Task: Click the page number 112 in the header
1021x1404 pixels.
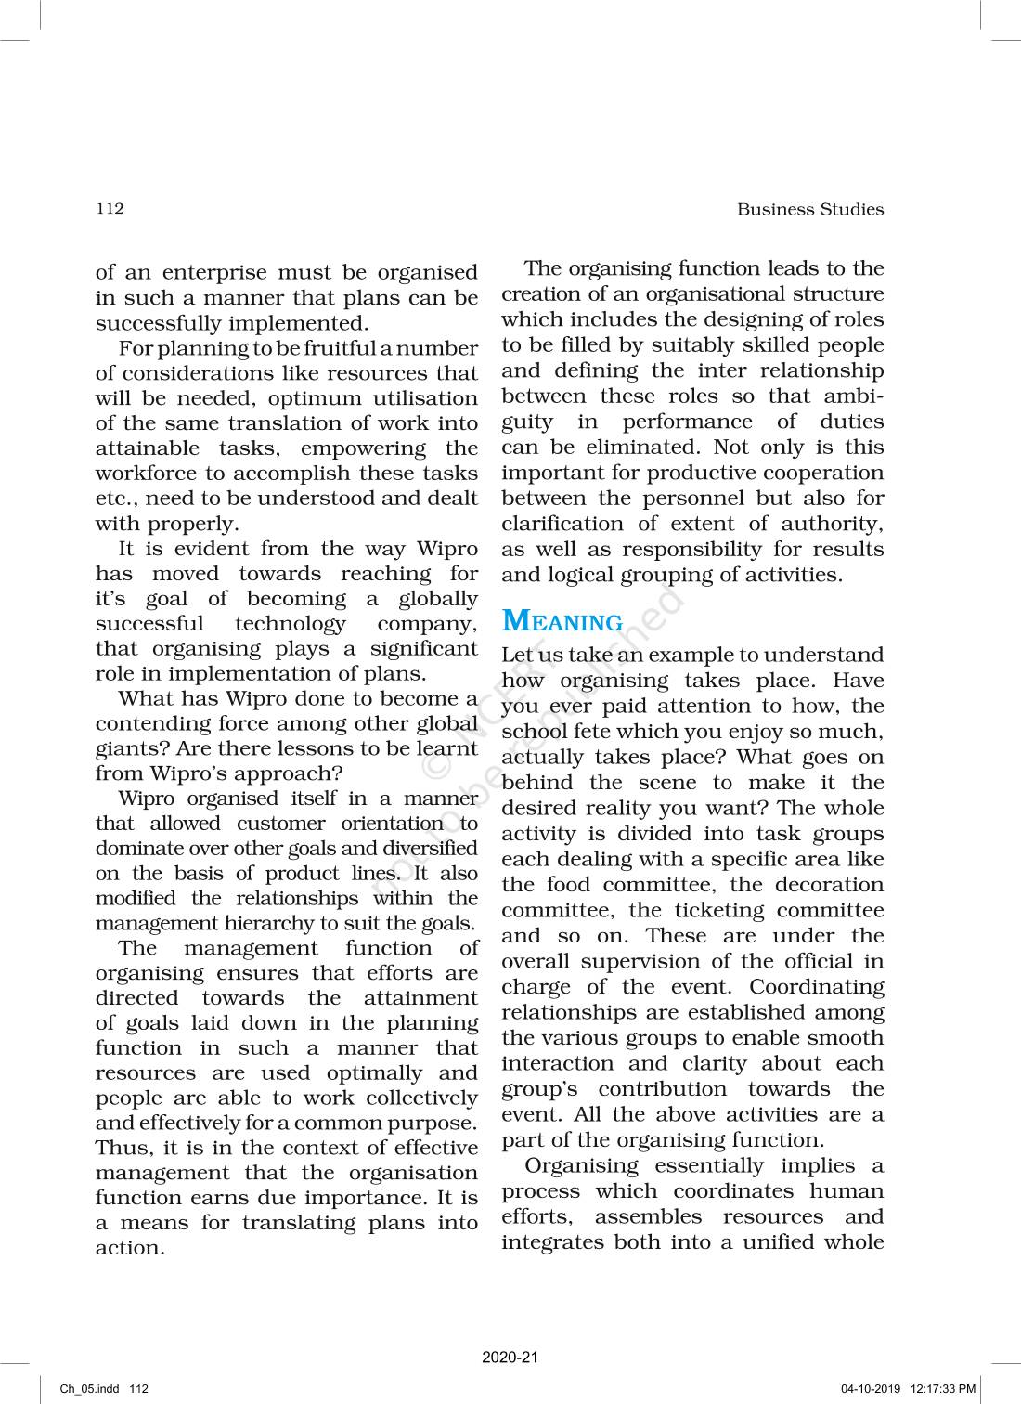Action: click(x=110, y=208)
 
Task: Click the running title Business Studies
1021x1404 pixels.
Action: click(x=809, y=209)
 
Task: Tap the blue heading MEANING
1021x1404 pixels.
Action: click(x=562, y=621)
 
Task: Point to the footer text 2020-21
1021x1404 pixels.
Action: click(x=510, y=1357)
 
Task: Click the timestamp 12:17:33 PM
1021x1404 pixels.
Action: click(x=943, y=1389)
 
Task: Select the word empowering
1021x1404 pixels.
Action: click(x=363, y=448)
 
